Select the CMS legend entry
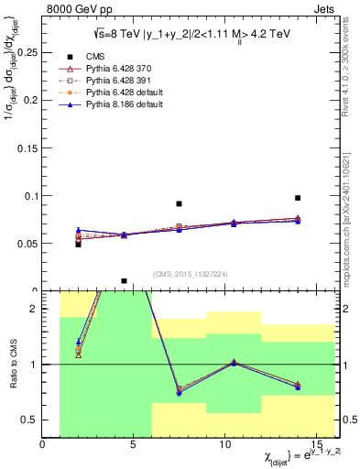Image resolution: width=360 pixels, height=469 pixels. tap(97, 56)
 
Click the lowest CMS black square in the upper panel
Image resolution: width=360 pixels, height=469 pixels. tap(124, 281)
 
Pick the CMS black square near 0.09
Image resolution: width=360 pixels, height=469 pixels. tap(179, 203)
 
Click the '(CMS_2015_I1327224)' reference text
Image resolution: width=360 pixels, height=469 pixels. tap(191, 274)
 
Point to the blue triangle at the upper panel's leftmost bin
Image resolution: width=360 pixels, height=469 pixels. tap(79, 230)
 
